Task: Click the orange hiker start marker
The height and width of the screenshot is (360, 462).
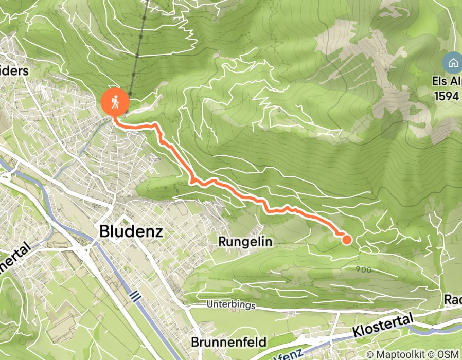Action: [115, 102]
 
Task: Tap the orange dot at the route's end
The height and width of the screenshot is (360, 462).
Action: [346, 239]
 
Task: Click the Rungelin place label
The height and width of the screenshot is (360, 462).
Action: [245, 241]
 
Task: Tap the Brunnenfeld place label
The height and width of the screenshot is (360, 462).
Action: [228, 342]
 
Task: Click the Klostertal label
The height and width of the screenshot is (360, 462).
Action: [383, 328]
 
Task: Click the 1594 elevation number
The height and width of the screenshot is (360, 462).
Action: [447, 96]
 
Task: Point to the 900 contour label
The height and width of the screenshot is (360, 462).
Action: [363, 268]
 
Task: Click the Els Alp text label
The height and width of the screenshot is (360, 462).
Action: [447, 82]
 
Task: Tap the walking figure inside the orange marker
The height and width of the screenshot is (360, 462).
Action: [115, 102]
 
